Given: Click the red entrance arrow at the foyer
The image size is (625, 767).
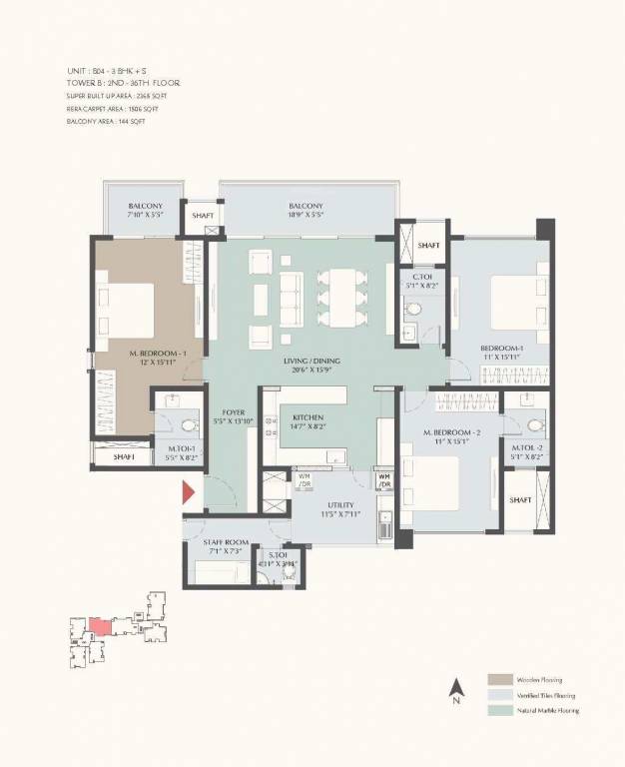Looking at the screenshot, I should coord(188,492).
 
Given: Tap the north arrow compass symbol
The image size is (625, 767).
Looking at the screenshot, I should coord(455,688).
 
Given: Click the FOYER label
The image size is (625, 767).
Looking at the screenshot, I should coord(233,411).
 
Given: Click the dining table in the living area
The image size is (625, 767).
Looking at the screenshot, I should coord(338,298).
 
